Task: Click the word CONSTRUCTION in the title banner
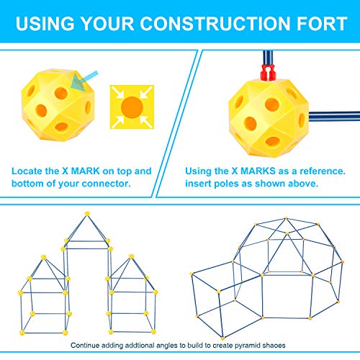(215, 24)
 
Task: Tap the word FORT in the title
(323, 24)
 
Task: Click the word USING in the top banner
(45, 24)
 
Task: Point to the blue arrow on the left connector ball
(84, 81)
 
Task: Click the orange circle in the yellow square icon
(132, 107)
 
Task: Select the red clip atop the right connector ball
(268, 72)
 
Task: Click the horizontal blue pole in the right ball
(334, 117)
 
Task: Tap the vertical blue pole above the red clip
(268, 58)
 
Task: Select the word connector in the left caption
(106, 184)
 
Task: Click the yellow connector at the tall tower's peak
(87, 213)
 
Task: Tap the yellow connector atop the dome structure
(286, 218)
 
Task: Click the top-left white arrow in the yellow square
(117, 92)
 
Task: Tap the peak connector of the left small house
(43, 257)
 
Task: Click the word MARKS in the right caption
(258, 171)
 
